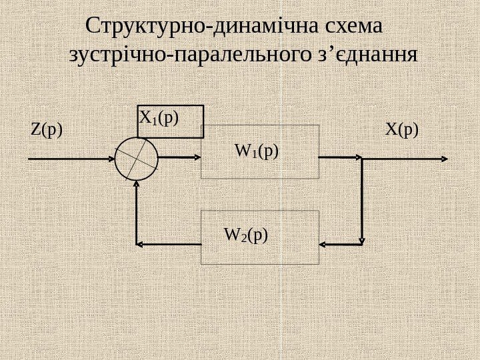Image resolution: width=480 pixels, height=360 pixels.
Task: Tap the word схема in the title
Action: (353, 29)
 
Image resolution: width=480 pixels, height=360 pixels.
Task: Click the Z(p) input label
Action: (46, 129)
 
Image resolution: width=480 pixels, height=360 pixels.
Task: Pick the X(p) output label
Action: (403, 129)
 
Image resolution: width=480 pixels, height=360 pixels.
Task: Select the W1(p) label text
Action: (257, 151)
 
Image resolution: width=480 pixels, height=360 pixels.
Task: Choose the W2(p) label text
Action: (246, 235)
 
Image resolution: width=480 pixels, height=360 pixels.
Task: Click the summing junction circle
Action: (136, 159)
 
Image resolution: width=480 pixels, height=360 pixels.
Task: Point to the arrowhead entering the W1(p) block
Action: (197, 158)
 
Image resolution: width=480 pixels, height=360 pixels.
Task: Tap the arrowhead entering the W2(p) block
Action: (324, 243)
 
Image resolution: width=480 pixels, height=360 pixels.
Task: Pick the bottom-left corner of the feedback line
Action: (137, 244)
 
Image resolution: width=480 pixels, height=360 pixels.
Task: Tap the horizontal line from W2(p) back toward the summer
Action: (170, 244)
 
